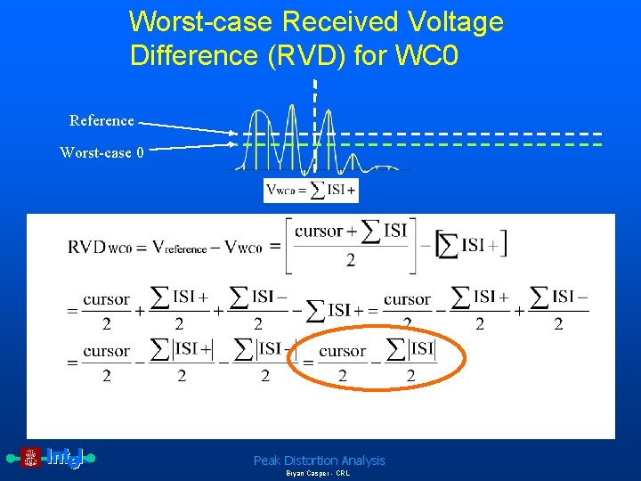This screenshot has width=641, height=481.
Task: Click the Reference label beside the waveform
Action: tap(101, 120)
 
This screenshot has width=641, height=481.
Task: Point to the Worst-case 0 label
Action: tap(101, 152)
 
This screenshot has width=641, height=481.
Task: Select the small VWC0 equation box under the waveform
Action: tap(311, 190)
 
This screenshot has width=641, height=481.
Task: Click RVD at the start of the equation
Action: tap(87, 247)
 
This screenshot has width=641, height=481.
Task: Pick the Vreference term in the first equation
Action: tap(179, 249)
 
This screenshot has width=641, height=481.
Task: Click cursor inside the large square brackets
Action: tap(319, 232)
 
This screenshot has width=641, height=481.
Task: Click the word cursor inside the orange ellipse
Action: tap(342, 351)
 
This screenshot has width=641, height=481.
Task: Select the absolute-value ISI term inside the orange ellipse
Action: tap(411, 348)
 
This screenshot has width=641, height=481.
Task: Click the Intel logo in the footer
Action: tap(65, 458)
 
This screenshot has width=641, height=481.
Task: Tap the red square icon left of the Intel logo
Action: tap(31, 458)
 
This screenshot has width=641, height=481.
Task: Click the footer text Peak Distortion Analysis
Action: tap(320, 461)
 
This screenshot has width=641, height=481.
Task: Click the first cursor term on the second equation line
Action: tap(106, 300)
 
